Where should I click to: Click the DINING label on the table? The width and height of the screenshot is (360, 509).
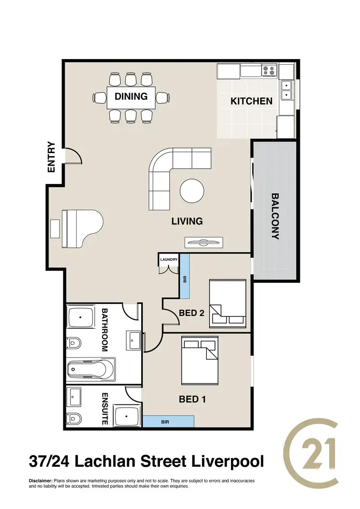tap(131, 97)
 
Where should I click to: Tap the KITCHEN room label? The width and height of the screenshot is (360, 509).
tap(252, 101)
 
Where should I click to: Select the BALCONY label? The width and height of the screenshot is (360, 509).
tap(275, 216)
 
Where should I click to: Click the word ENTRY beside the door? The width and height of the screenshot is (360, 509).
tap(51, 157)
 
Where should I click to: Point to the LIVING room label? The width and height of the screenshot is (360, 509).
tap(187, 221)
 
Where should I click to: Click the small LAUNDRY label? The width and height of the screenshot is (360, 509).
tap(169, 260)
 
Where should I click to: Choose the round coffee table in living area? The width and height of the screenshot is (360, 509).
tap(192, 191)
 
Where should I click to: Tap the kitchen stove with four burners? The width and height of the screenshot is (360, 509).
tap(269, 72)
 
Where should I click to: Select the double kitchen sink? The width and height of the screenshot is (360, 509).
tap(286, 90)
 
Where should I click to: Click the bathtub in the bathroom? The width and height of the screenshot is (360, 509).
tap(91, 370)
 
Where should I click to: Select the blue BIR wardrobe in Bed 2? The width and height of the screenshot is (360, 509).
tap(185, 276)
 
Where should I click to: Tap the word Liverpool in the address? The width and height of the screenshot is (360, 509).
tap(227, 461)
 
